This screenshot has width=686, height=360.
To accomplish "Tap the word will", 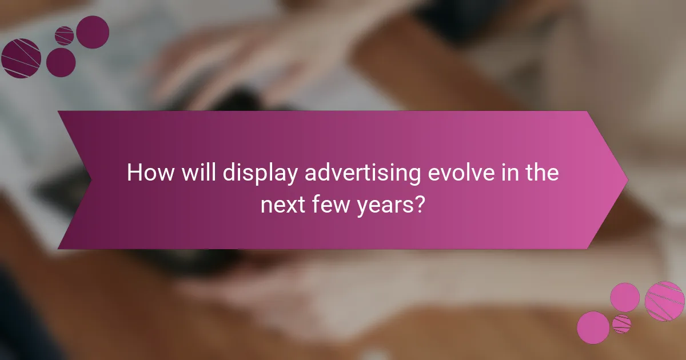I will [196, 173].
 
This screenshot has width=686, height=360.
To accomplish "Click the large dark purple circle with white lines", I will [21, 58].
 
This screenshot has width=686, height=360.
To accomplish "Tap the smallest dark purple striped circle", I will [65, 35].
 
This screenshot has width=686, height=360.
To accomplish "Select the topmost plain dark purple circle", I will [93, 32].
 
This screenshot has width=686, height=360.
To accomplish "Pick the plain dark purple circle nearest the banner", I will [61, 62].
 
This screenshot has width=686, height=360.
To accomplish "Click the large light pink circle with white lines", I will [665, 301].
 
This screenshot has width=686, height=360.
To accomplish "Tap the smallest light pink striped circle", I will [621, 323].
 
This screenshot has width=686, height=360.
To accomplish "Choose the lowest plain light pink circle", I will [593, 327].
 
